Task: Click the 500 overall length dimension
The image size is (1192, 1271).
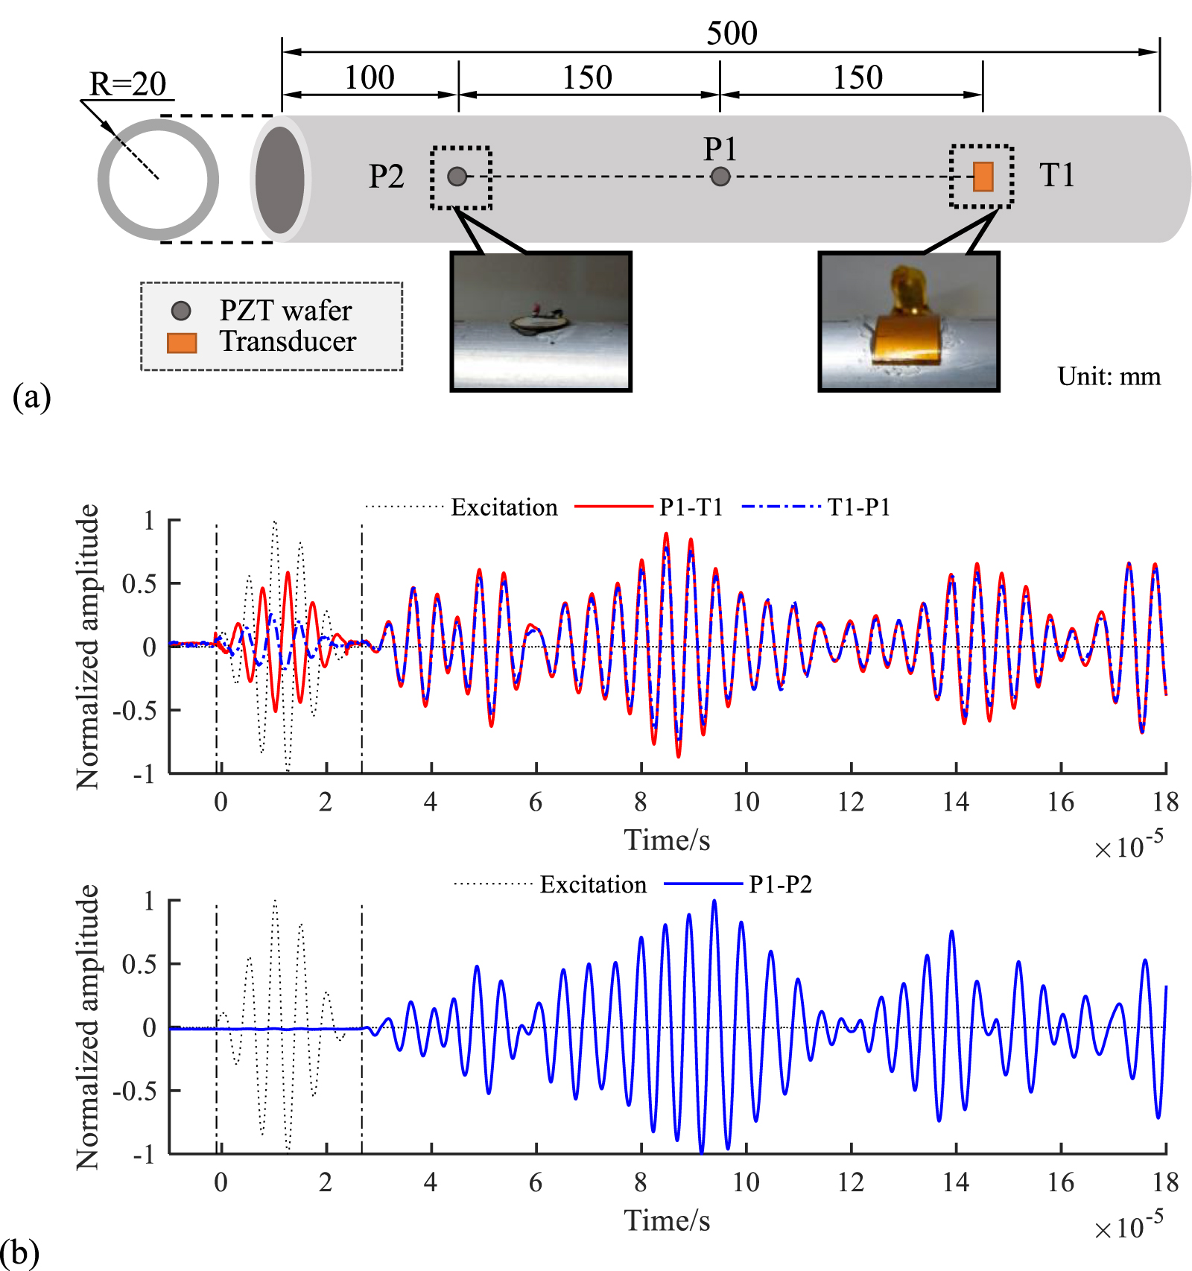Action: [732, 33]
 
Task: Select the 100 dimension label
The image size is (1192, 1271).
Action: [369, 77]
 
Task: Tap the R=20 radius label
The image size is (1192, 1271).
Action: [128, 83]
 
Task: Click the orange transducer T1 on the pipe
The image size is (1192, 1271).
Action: [983, 177]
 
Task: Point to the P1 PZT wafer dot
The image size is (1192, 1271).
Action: [720, 177]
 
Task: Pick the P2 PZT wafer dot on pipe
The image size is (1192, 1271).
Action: [457, 177]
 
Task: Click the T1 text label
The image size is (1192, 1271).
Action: [1056, 176]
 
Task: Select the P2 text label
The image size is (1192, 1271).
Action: [387, 177]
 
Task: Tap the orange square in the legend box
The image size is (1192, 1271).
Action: [182, 343]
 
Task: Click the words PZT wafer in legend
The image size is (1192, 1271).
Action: [285, 311]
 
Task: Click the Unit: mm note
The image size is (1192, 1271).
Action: [1109, 376]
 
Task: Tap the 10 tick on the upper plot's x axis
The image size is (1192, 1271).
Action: [746, 802]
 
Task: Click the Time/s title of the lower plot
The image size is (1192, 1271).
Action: [667, 1220]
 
